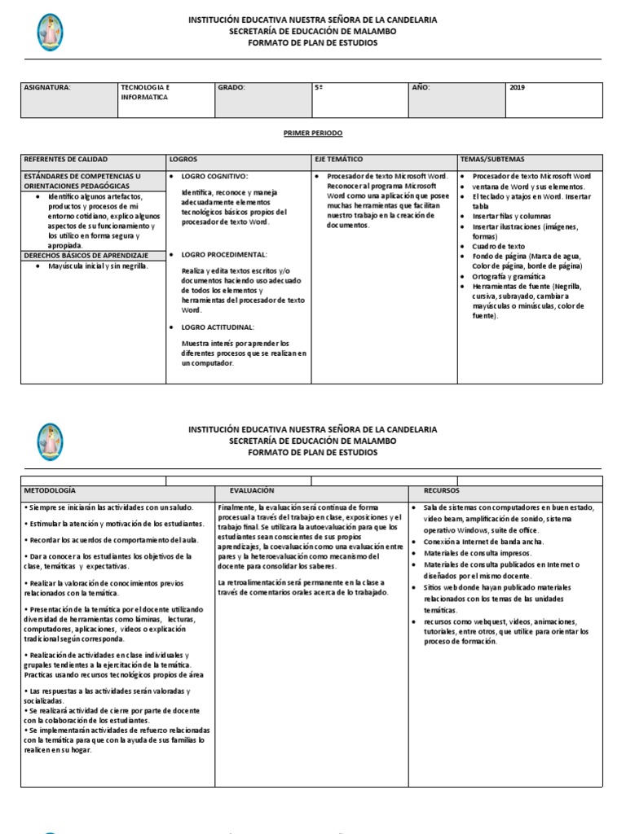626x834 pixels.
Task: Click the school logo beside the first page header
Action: tap(50, 32)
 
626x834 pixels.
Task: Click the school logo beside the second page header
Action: tap(50, 441)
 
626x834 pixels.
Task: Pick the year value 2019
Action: tap(518, 87)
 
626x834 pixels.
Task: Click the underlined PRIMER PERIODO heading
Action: tap(313, 133)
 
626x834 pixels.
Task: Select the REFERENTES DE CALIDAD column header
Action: tap(66, 160)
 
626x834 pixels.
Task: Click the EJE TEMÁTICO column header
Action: tap(338, 160)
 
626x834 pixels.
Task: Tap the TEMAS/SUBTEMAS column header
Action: tap(492, 160)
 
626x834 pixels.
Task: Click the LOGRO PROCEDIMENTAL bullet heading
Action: tap(224, 255)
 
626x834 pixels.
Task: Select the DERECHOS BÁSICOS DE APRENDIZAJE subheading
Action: tap(86, 256)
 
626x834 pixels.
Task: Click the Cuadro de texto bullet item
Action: tap(499, 246)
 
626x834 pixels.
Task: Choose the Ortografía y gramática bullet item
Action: tap(509, 276)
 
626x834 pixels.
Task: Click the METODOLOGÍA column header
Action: tap(50, 491)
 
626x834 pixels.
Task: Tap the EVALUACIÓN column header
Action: tap(252, 491)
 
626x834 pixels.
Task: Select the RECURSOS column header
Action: tap(441, 491)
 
